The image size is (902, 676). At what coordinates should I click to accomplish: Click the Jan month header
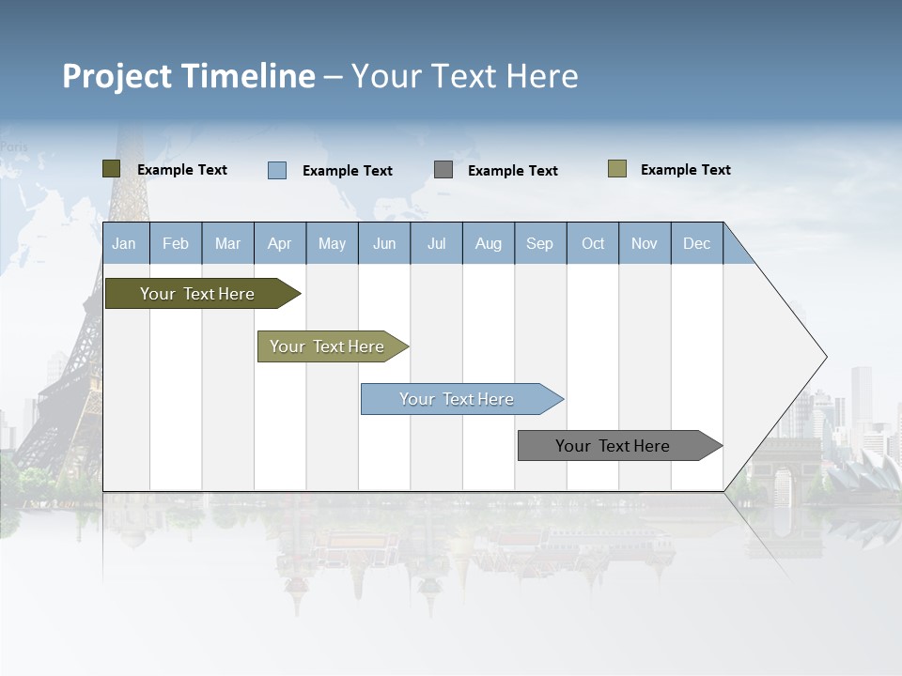125,243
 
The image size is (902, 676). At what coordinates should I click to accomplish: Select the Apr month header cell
280,243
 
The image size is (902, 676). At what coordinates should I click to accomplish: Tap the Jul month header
436,243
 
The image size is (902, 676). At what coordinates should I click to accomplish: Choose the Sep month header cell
540,243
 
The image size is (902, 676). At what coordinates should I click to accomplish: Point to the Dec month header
696,243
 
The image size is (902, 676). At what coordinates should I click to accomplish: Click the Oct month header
593,243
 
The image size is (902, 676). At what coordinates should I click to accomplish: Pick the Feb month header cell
176,243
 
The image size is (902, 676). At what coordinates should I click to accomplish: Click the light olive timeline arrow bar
329,346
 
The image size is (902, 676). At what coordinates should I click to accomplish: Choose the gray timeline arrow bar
615,446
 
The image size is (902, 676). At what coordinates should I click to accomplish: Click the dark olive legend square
111,169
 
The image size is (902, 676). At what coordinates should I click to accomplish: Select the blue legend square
276,170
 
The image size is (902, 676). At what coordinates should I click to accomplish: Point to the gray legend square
443,170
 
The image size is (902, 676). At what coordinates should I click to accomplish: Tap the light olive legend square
616,169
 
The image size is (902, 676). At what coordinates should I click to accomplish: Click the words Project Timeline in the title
188,76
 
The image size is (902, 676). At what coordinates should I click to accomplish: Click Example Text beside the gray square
512,171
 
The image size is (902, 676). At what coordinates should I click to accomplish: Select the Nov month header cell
645,243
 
